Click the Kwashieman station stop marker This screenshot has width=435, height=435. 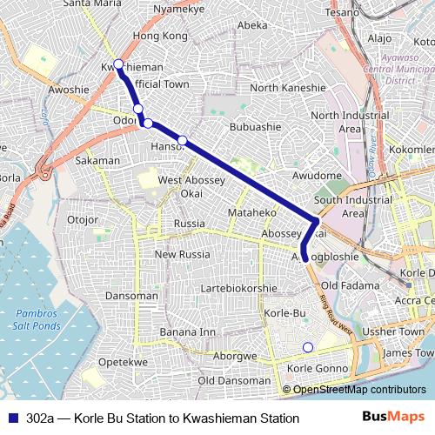[x=119, y=64]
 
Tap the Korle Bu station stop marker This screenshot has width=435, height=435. [x=306, y=348]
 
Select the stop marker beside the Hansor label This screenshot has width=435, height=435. [x=182, y=140]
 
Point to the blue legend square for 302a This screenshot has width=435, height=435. [x=12, y=418]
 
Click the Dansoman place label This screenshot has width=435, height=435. [x=130, y=295]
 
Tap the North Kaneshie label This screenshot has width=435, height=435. [x=289, y=88]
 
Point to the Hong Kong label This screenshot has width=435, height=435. [x=160, y=37]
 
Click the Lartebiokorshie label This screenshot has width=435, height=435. [x=238, y=288]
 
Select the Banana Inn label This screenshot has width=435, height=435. [x=187, y=331]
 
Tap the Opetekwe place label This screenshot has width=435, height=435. [x=119, y=361]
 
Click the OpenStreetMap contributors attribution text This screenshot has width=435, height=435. [x=359, y=390]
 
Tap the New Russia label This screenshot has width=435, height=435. [x=183, y=254]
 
